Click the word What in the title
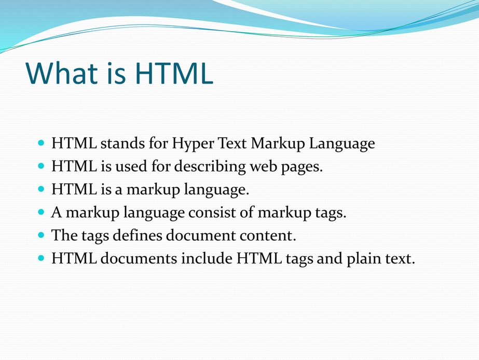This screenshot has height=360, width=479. coord(62,73)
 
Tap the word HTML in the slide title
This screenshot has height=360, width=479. coord(174,73)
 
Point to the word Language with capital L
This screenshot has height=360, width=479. coord(342,143)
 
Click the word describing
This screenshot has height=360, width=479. coord(210,166)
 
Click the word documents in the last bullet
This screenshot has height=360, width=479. coord(139,258)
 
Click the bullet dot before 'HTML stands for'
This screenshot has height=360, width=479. coord(41,142)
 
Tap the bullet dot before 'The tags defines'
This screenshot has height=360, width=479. coord(41,235)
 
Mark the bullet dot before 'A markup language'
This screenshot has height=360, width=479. coord(41,211)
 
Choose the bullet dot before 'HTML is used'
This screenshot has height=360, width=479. coord(41,166)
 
